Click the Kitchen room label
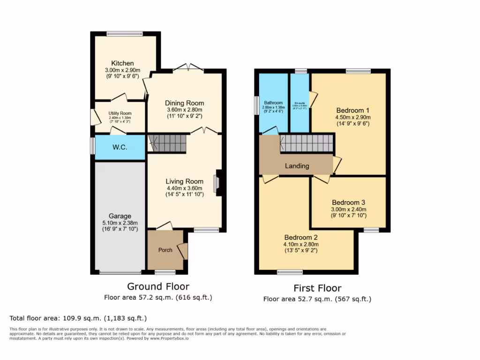point(122,63)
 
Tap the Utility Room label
point(120,113)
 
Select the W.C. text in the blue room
point(120,147)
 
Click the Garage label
point(120,216)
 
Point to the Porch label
point(165,250)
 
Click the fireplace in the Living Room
point(217,184)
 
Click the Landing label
point(297,166)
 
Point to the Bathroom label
point(273,103)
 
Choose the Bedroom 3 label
point(349,202)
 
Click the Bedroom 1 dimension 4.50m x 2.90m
point(352,117)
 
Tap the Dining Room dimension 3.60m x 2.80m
point(184,110)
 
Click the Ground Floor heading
point(158,286)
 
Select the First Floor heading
point(317,288)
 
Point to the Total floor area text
point(78,318)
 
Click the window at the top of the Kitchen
point(124,33)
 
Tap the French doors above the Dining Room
point(188,68)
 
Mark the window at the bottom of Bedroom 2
point(290,272)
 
